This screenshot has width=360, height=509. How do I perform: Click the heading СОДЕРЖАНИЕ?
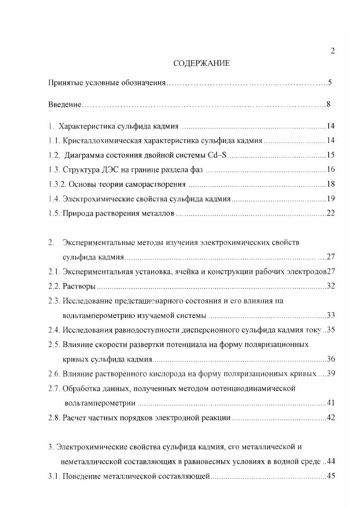coord(202,64)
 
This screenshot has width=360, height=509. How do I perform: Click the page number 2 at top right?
coord(333,51)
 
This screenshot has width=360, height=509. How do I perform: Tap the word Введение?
coord(64,105)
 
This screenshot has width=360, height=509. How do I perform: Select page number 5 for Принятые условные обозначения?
coord(330,83)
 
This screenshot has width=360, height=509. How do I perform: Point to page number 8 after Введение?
coord(328,105)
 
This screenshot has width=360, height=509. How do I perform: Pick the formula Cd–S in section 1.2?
coord(217,155)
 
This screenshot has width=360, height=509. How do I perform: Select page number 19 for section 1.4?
coord(330,199)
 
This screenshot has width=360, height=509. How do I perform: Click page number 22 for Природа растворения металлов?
coord(330,213)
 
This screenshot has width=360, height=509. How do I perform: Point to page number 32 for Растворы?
coord(330,286)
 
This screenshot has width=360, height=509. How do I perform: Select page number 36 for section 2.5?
coord(330,359)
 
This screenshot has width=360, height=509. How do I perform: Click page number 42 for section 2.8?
coord(330,417)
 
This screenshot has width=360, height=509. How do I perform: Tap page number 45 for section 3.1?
coord(330,476)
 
